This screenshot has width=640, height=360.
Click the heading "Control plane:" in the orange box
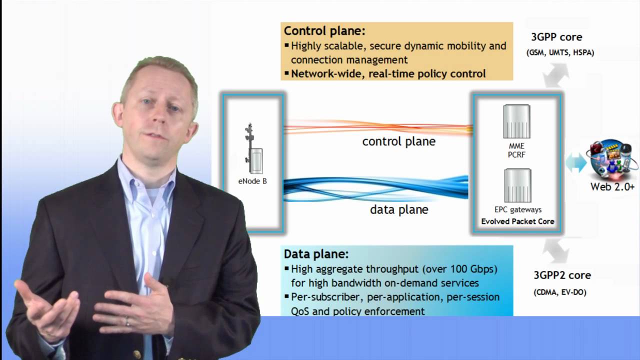pos(324,31)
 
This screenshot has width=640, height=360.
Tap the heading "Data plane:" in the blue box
pos(316,254)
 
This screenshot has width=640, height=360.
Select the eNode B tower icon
pos(253,148)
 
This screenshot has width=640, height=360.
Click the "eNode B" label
pos(252,181)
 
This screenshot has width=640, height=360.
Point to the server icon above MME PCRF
pos(516,121)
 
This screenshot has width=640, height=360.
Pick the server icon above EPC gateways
pos(517,185)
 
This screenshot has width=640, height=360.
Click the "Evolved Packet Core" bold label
pos(517,221)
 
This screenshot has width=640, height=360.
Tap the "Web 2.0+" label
pos(612,187)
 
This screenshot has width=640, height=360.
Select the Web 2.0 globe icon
pos(611,160)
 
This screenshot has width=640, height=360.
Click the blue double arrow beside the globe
pos(576,162)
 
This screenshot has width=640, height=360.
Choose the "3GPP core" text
pos(556,37)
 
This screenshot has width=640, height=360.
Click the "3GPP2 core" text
pos(562,275)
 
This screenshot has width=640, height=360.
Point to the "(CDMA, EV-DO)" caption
pos(560,292)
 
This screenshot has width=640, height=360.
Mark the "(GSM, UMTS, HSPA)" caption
pos(560,52)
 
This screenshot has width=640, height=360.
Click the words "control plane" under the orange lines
pos(399,141)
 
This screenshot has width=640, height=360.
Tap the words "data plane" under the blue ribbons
pos(399,209)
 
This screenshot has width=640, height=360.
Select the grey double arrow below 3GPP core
pos(555,75)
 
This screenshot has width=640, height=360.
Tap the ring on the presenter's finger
pos(127,322)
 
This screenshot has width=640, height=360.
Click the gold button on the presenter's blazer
pos(137,354)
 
